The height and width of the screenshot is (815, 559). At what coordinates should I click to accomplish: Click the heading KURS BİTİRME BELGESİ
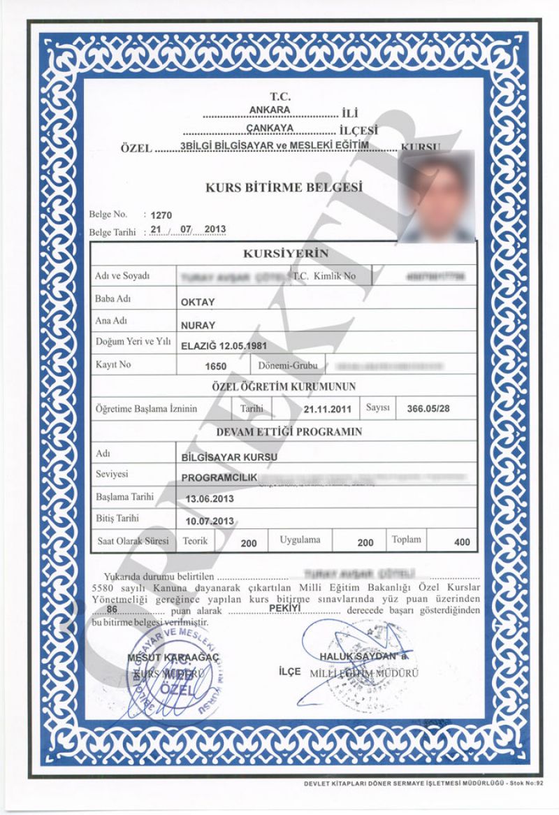(x=284, y=187)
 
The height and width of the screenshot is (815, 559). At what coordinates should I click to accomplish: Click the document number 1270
(x=161, y=216)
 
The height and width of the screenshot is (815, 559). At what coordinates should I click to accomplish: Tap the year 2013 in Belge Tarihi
(x=215, y=231)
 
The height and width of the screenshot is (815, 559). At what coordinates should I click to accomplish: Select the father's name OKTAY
(x=198, y=302)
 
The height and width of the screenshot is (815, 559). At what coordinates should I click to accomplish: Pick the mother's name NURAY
(x=198, y=325)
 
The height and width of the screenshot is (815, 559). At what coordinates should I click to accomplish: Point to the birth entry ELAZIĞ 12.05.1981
(x=224, y=346)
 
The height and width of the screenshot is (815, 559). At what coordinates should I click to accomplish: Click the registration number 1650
(x=217, y=366)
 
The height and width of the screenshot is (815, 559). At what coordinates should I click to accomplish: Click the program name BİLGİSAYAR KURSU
(x=229, y=457)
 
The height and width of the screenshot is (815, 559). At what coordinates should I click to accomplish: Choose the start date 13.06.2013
(x=210, y=500)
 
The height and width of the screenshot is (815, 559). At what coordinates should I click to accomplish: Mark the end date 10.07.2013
(x=210, y=521)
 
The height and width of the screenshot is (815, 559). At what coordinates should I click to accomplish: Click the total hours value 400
(x=461, y=542)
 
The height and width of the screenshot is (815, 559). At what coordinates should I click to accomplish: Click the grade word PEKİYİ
(x=284, y=609)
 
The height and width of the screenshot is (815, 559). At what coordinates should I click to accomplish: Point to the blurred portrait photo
(x=437, y=196)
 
